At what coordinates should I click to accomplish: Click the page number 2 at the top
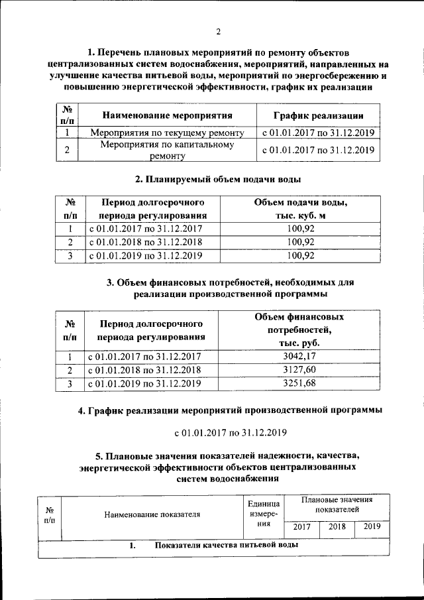218,32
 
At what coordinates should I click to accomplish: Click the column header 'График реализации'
318,115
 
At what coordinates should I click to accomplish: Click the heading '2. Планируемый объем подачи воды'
218,180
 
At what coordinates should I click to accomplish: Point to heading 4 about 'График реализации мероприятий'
230,410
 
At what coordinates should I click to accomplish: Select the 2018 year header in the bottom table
337,528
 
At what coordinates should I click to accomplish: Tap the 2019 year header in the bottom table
372,528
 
